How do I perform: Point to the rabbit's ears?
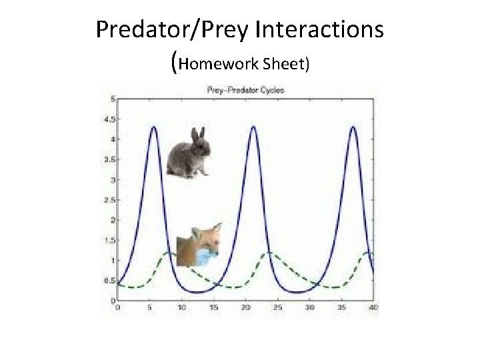(x=197, y=134)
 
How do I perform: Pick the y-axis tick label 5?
(x=111, y=99)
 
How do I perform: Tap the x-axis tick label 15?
(x=213, y=308)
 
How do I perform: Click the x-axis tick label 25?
(x=277, y=308)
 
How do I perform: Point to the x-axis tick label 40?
(x=373, y=308)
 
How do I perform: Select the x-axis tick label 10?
(x=182, y=308)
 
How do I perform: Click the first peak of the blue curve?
(x=153, y=127)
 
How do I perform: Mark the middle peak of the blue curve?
(x=253, y=127)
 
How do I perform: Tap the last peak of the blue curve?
(x=353, y=127)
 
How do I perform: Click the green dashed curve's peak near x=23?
(x=269, y=253)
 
